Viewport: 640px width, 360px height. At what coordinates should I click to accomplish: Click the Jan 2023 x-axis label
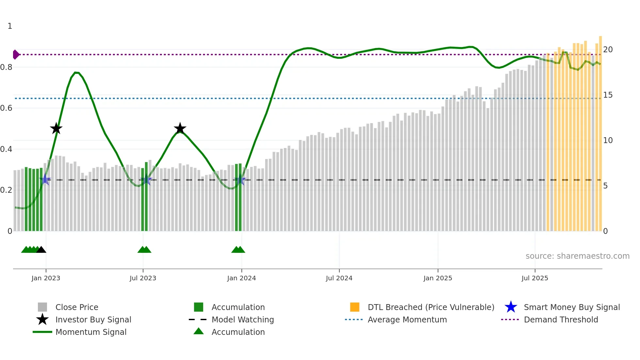pyautogui.click(x=46, y=278)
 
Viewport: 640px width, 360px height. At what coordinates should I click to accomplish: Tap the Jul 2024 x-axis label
pyautogui.click(x=339, y=278)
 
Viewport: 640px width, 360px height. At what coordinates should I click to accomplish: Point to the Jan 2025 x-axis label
pyautogui.click(x=438, y=278)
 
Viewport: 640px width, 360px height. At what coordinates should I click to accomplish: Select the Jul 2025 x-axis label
pyautogui.click(x=535, y=278)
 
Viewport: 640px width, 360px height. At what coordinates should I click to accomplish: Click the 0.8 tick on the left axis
pyautogui.click(x=6, y=67)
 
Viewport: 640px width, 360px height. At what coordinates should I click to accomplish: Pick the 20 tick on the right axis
pyautogui.click(x=608, y=50)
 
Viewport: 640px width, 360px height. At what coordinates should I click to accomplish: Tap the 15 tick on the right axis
pyautogui.click(x=608, y=95)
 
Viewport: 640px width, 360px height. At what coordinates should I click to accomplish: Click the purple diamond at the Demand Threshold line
pyautogui.click(x=16, y=55)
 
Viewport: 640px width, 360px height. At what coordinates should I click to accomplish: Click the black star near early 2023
pyautogui.click(x=56, y=128)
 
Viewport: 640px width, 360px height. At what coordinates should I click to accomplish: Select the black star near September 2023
pyautogui.click(x=180, y=128)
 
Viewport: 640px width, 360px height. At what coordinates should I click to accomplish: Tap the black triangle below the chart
pyautogui.click(x=41, y=250)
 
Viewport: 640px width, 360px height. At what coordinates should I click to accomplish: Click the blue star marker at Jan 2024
pyautogui.click(x=240, y=180)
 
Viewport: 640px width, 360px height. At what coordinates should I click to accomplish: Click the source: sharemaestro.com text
pyautogui.click(x=577, y=256)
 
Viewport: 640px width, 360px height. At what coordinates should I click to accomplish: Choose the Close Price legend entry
pyautogui.click(x=77, y=307)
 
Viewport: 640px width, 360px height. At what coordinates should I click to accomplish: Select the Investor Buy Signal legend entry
pyautogui.click(x=93, y=319)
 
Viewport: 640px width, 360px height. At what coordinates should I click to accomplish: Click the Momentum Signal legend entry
pyautogui.click(x=91, y=332)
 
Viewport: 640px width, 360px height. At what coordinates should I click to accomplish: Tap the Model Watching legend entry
pyautogui.click(x=243, y=319)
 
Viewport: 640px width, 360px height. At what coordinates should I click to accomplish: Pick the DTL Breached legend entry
pyautogui.click(x=431, y=307)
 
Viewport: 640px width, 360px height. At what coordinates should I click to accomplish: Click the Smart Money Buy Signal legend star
pyautogui.click(x=511, y=307)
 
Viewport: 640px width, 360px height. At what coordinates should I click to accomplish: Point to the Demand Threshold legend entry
pyautogui.click(x=561, y=319)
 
